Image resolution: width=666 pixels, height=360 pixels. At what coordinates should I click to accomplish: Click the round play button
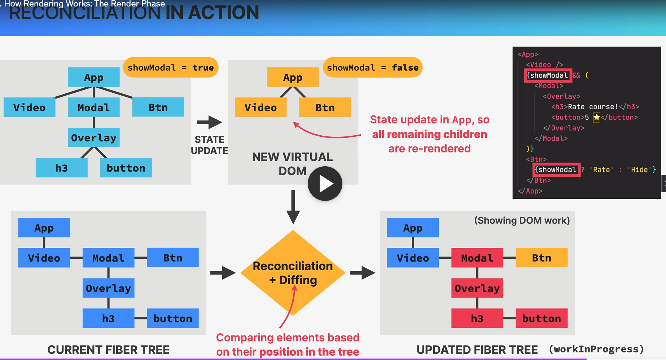point(325,184)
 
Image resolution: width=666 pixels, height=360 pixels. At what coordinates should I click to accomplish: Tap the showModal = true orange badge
point(171,67)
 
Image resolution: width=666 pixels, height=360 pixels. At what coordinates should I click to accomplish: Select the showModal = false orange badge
point(372,67)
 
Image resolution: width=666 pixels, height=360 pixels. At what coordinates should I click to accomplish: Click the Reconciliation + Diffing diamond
point(293,273)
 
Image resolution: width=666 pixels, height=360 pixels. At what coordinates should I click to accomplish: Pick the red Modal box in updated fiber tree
point(477,258)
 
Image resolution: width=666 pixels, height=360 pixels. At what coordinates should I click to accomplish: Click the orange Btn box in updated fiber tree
point(541,258)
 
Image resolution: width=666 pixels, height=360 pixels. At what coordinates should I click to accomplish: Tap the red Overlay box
point(477,288)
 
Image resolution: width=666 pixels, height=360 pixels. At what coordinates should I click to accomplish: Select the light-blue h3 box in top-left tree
point(61,168)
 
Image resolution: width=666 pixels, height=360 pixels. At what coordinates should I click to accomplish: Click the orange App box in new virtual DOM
point(293,77)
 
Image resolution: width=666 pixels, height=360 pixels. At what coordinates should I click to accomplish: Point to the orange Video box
point(260,107)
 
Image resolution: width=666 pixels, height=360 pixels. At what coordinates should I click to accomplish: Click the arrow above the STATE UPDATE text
point(209,122)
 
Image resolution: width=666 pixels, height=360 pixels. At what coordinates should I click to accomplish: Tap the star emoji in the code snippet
point(596,117)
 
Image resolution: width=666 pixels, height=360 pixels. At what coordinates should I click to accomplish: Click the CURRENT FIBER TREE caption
point(108,350)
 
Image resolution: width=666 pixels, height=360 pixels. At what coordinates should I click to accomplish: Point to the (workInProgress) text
point(596,349)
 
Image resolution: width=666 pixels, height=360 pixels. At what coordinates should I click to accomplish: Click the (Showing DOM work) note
point(522,220)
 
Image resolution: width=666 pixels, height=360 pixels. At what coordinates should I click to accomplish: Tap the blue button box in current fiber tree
point(172,319)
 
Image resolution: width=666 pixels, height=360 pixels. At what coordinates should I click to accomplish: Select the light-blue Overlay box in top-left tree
point(93,138)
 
